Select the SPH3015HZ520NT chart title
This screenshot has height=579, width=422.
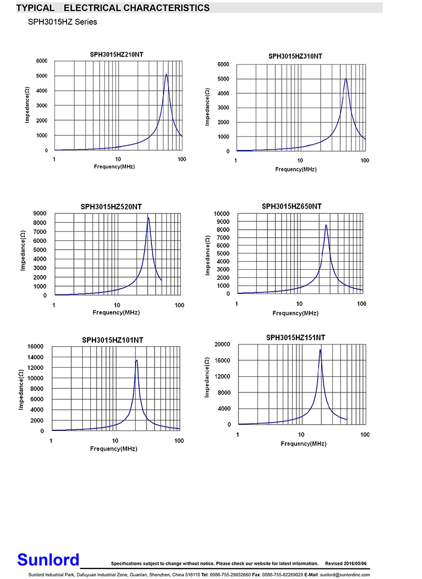(111, 207)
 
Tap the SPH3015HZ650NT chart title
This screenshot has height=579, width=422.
(291, 207)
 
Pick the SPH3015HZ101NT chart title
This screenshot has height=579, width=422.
(112, 340)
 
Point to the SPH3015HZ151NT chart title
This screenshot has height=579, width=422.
(295, 337)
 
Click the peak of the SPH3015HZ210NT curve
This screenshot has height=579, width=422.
(167, 74)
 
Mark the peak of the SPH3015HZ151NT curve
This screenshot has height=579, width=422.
(320, 350)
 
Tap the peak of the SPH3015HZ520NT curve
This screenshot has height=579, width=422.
(148, 218)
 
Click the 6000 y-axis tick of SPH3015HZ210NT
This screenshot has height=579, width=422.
(41, 61)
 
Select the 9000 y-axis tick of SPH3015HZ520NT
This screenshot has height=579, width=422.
(40, 213)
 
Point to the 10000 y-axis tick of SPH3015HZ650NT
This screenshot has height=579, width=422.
(221, 213)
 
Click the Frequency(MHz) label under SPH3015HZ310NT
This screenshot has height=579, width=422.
(295, 169)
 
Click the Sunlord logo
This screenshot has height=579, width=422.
(48, 560)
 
